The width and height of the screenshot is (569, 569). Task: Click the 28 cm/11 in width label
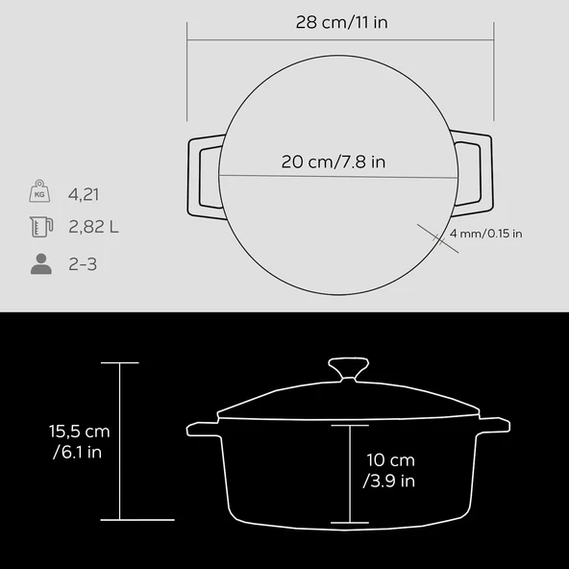click(x=341, y=22)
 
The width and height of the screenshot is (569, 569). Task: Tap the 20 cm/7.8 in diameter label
click(x=334, y=161)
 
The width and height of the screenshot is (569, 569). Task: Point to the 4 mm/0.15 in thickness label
click(x=486, y=234)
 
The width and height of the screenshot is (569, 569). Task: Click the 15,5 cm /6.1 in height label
click(x=79, y=441)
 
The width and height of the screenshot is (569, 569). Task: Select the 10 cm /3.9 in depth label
click(x=389, y=471)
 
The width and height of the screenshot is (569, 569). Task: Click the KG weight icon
click(x=39, y=191)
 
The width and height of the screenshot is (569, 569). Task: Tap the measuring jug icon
click(x=41, y=227)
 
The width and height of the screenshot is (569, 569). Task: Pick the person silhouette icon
click(x=41, y=263)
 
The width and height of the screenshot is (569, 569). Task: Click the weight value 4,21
click(x=84, y=195)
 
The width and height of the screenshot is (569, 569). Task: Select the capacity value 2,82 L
click(x=93, y=227)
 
